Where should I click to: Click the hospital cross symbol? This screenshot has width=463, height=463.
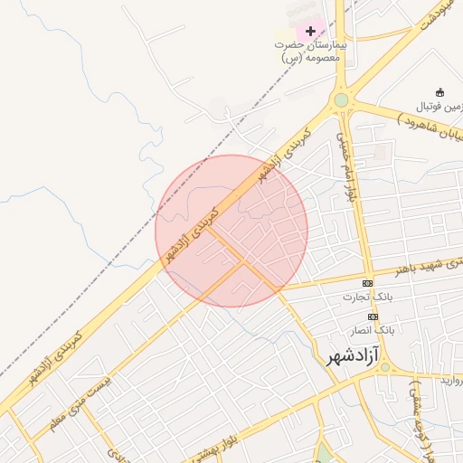coord(311,31)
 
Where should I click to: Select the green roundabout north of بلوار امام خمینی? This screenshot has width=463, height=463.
coord(340,100)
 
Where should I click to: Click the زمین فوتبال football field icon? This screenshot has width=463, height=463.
coord(439,92)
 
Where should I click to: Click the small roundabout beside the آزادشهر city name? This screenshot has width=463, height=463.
coord(386,366)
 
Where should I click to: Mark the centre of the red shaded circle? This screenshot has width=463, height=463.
coord(231,231)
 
